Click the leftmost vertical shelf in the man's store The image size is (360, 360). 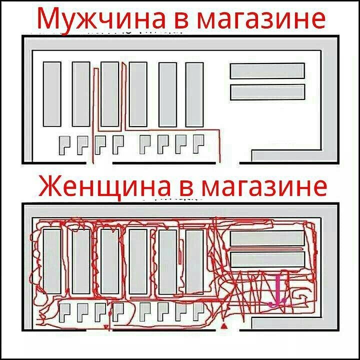pyautogui.click(x=51, y=94)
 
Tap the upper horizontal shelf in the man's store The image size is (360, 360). pyautogui.click(x=267, y=70)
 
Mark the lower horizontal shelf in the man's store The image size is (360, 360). pyautogui.click(x=267, y=92)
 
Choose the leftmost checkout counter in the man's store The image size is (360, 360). pyautogui.click(x=65, y=144)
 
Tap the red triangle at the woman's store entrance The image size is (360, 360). pyautogui.click(x=224, y=326)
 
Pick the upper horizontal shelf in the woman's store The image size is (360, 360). pyautogui.click(x=267, y=238)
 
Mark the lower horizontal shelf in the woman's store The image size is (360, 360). pyautogui.click(x=267, y=259)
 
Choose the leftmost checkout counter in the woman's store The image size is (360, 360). pyautogui.click(x=65, y=312)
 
